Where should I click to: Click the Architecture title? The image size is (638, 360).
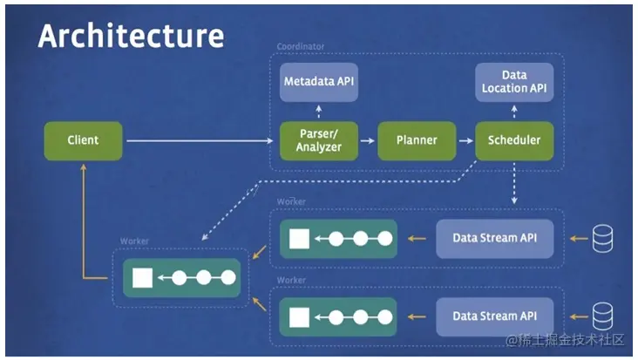point(131,36)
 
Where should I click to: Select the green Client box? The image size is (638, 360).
point(83,140)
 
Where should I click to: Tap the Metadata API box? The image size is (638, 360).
point(319,82)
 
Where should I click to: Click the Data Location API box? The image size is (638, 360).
point(514,82)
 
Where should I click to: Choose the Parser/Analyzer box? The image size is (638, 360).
point(319,140)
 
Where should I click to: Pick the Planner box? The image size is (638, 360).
point(417,140)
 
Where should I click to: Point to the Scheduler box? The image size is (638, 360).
point(514,140)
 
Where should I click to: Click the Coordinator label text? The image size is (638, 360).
point(301,46)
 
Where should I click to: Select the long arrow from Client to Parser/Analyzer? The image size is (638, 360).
point(200,140)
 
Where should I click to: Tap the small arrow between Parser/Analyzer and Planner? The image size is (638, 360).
point(368,140)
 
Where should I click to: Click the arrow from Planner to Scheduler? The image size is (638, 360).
point(466,140)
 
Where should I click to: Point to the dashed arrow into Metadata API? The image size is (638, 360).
point(319,112)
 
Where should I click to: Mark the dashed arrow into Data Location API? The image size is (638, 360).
point(514,112)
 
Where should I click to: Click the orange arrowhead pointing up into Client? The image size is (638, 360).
point(84,166)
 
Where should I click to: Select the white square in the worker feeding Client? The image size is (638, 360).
point(142,278)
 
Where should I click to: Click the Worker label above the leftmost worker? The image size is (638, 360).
point(134,241)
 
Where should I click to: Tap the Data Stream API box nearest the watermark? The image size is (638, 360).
point(495,317)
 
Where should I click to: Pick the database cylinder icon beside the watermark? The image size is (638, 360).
point(602,316)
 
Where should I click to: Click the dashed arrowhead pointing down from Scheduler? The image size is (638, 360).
point(514,200)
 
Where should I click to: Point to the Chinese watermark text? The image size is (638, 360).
point(565,340)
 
